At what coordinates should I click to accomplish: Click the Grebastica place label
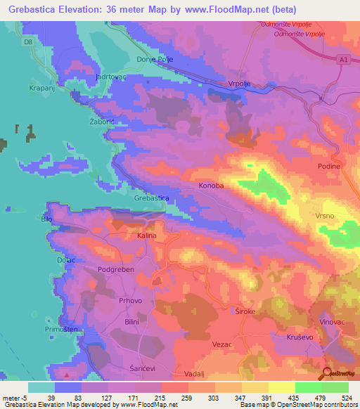151,198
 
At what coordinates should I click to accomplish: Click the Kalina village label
146,236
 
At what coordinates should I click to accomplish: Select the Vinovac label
333,320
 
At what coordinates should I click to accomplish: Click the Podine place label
328,166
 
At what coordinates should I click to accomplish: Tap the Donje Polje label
154,60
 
